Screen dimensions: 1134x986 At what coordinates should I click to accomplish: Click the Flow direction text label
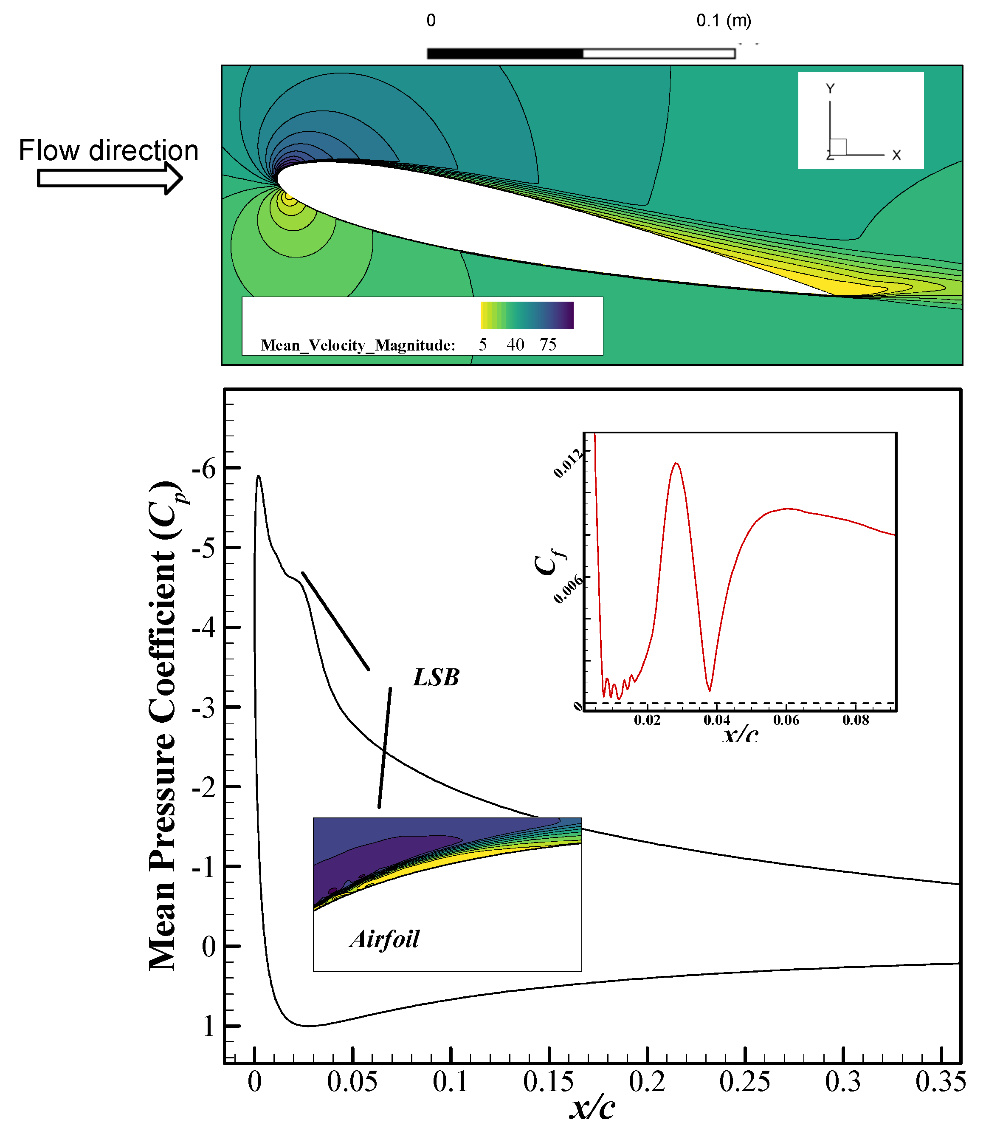pyautogui.click(x=108, y=150)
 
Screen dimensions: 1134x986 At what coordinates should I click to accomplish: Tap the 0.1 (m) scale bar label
pyautogui.click(x=724, y=21)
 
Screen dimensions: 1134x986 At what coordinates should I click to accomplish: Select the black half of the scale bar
pyautogui.click(x=504, y=54)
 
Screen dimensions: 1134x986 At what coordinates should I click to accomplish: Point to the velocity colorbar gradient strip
pyautogui.click(x=527, y=315)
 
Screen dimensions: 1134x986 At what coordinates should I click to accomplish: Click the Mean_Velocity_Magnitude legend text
pyautogui.click(x=358, y=345)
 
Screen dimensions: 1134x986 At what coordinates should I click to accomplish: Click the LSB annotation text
pyautogui.click(x=436, y=677)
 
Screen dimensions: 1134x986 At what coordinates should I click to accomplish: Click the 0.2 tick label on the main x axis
pyautogui.click(x=647, y=1082)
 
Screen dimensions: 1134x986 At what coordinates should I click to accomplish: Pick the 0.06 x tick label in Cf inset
pyautogui.click(x=786, y=720)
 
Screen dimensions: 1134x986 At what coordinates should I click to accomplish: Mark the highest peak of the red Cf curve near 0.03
pyautogui.click(x=676, y=463)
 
